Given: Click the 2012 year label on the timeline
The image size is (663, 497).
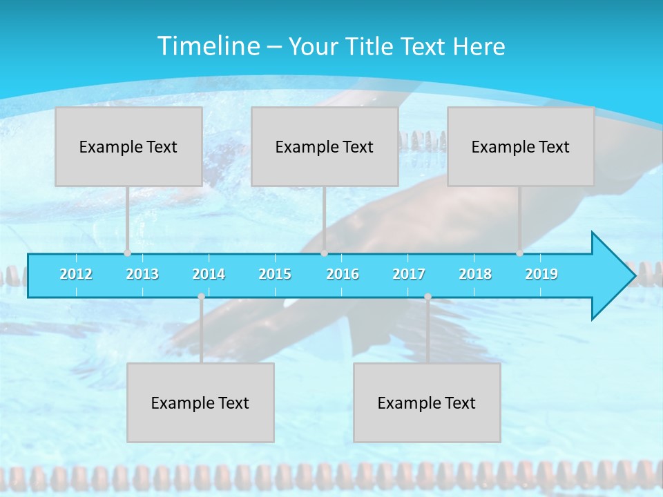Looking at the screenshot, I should click(76, 274).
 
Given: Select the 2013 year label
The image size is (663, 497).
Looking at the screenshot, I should click(142, 274).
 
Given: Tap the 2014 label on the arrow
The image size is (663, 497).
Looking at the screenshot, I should click(209, 274).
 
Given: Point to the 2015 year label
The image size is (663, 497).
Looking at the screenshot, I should click(275, 274).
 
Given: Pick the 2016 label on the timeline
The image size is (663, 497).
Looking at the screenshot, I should click(343, 274).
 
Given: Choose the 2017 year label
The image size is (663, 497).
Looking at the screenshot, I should click(409, 274).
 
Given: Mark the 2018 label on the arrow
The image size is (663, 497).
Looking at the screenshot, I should click(475, 274).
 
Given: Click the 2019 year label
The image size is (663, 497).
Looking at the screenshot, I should click(541, 274).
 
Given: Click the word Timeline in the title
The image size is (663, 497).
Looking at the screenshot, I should click(208, 46).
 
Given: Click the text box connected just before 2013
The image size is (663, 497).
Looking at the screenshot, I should click(128, 146).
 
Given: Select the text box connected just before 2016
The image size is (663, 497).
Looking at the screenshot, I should click(325, 146).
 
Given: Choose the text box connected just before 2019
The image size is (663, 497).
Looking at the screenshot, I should click(521, 146).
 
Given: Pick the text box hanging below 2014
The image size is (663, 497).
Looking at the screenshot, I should click(200, 402).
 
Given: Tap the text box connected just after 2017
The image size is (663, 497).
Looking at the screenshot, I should click(427, 402).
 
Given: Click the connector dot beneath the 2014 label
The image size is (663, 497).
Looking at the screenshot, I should click(201, 296).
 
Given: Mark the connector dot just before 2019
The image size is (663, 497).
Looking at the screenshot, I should click(519, 253).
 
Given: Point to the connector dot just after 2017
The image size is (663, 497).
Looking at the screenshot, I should click(427, 296).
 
